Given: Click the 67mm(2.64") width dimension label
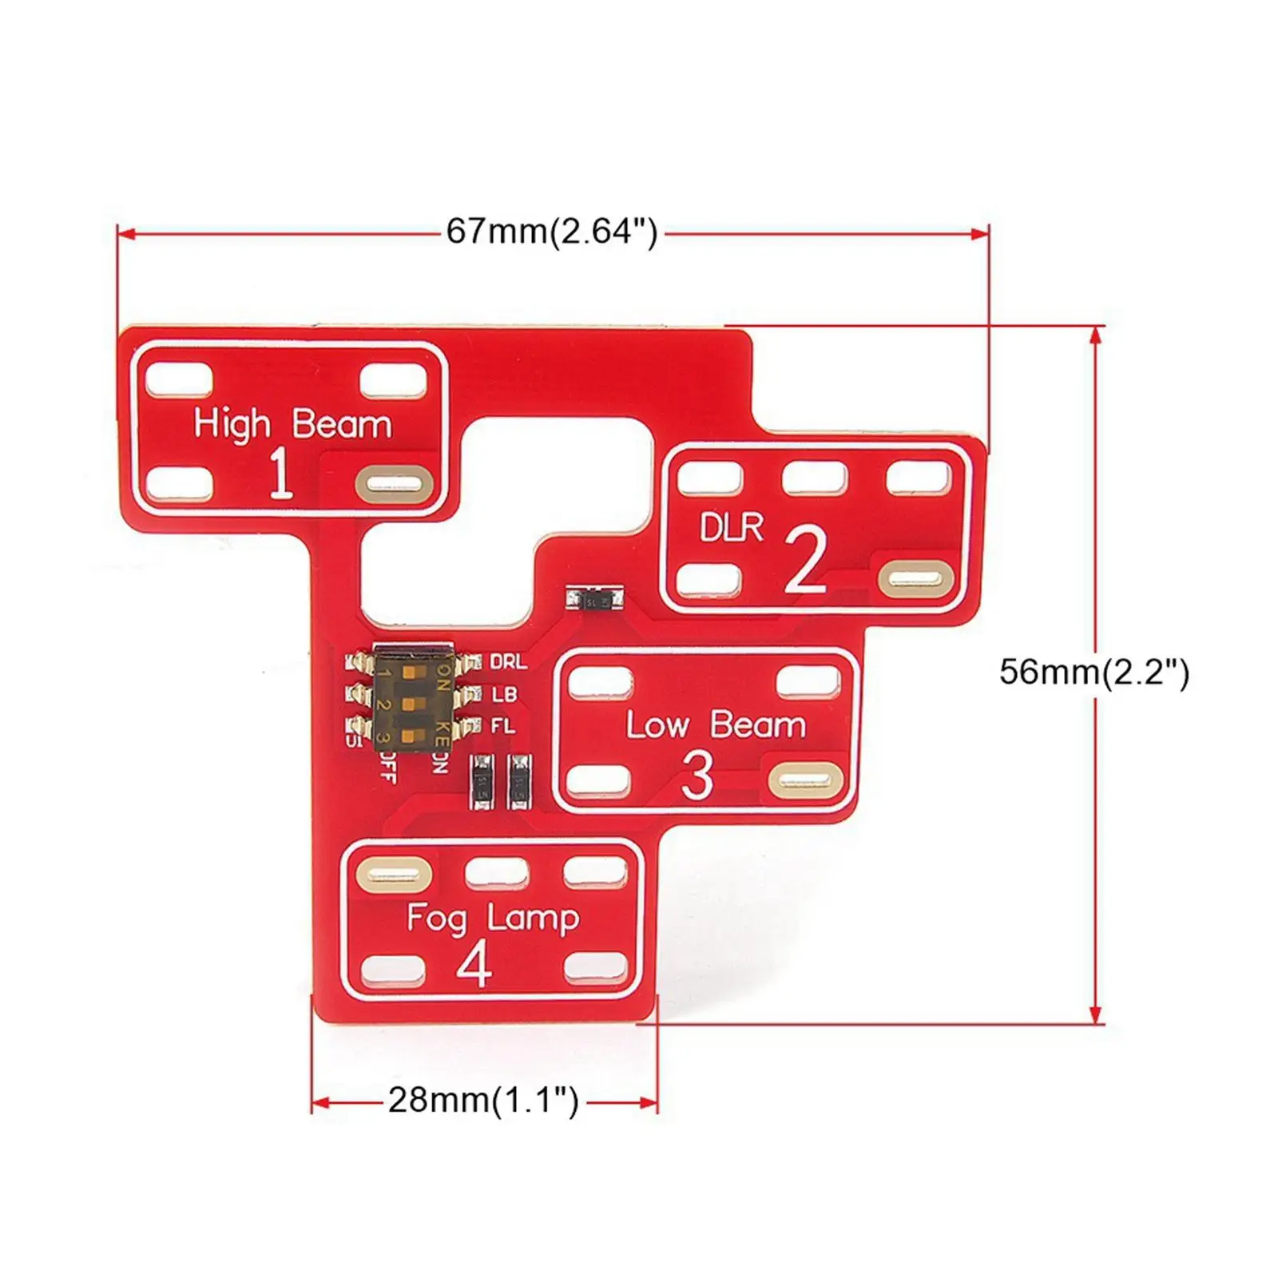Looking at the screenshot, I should point(551,232).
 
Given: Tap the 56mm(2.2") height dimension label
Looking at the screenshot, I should point(1093,672).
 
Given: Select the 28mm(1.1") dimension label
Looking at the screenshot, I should point(483,1101).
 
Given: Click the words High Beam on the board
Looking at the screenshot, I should point(292,424).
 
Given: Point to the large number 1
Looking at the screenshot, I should point(280,473).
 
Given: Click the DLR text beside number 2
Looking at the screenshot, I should point(731,528).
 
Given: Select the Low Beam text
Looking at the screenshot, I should point(716,725).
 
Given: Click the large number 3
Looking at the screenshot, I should point(697,776).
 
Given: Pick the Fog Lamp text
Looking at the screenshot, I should point(492,918).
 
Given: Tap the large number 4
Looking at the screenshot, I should point(474,964).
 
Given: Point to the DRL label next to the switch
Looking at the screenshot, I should point(508,662).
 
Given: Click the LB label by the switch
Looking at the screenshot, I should point(504,695).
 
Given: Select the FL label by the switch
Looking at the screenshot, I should point(502,727).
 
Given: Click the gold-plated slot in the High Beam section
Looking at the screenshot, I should point(394,484).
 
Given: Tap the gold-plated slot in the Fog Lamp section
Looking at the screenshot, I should point(393,875).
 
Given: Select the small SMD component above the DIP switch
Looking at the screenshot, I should point(593,599).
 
